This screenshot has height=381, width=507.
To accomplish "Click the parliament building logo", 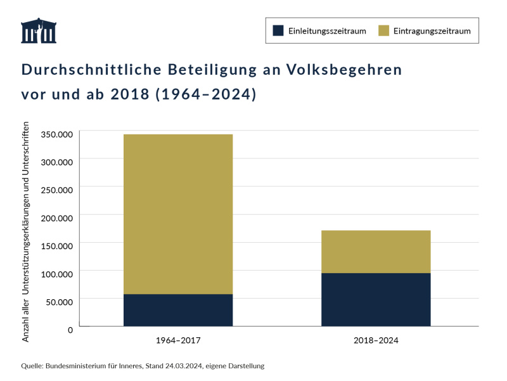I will click(39, 31).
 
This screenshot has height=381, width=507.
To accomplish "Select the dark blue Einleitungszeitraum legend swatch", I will click(277, 30).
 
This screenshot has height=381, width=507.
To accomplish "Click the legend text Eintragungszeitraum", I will click(432, 30).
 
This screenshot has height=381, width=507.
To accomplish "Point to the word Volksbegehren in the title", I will click(345, 70).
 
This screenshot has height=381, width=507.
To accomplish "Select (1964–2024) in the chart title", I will click(206, 94).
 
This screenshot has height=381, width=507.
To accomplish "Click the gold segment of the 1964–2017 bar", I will click(178, 214).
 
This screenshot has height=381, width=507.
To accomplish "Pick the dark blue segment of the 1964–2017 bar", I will click(178, 310).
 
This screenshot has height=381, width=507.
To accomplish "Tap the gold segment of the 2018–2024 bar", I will click(376, 251).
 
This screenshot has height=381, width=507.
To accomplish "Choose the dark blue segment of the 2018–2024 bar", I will click(376, 299).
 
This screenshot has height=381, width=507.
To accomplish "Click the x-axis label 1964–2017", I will click(178, 340).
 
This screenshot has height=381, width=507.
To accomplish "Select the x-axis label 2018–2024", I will click(376, 340).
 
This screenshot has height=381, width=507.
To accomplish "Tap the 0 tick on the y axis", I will click(71, 329).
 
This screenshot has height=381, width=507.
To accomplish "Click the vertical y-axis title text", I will click(26, 231).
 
